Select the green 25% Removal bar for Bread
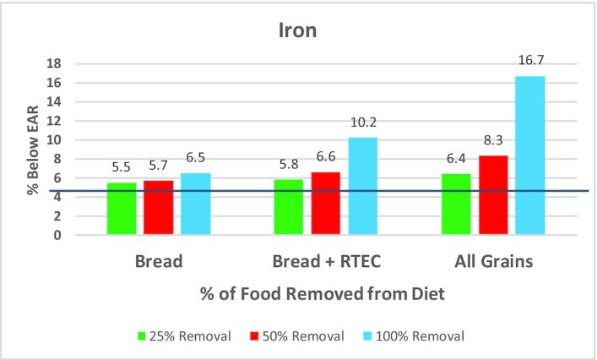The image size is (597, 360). pyautogui.click(x=122, y=209)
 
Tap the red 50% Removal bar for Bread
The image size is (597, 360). pyautogui.click(x=158, y=208)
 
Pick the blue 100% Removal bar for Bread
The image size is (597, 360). pyautogui.click(x=195, y=204)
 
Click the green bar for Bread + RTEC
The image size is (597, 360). pyautogui.click(x=289, y=207)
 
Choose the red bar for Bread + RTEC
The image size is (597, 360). pyautogui.click(x=325, y=204)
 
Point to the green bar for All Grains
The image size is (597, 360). pyautogui.click(x=457, y=205)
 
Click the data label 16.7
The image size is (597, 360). pyautogui.click(x=530, y=60)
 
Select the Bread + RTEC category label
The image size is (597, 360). pyautogui.click(x=325, y=262)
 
